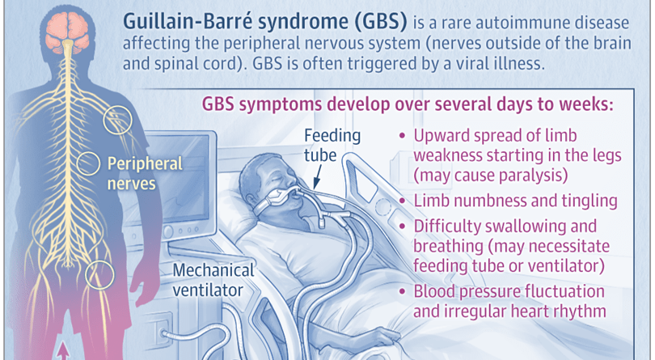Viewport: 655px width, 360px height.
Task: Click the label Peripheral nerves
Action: tap(145, 173)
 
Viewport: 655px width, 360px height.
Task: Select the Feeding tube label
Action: tap(332, 146)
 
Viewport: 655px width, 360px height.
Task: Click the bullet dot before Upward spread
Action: tap(404, 137)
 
